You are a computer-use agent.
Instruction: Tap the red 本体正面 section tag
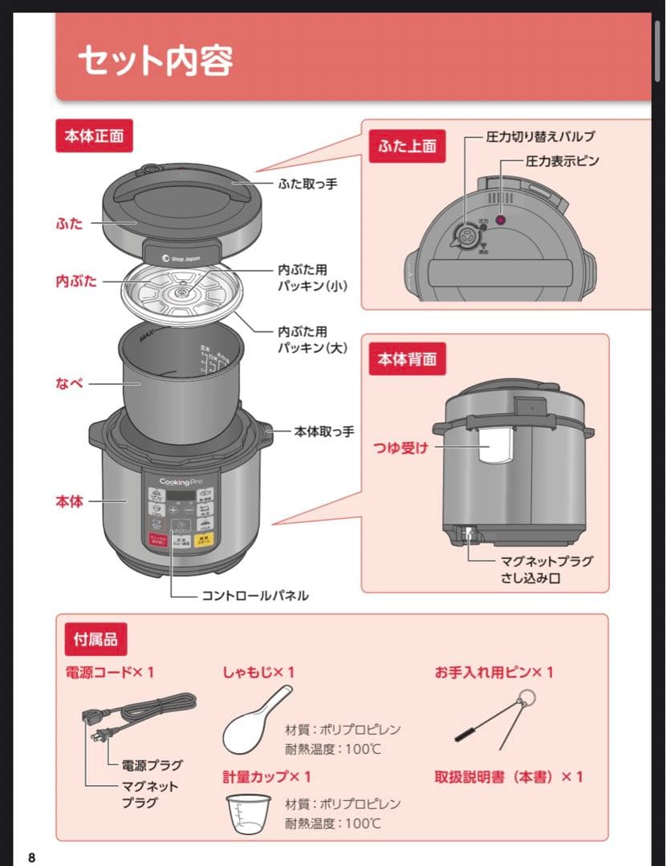tap(94, 136)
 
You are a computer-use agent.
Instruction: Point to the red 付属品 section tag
tap(95, 639)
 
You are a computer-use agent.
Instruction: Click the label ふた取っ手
tap(307, 184)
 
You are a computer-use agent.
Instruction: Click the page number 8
tap(31, 858)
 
